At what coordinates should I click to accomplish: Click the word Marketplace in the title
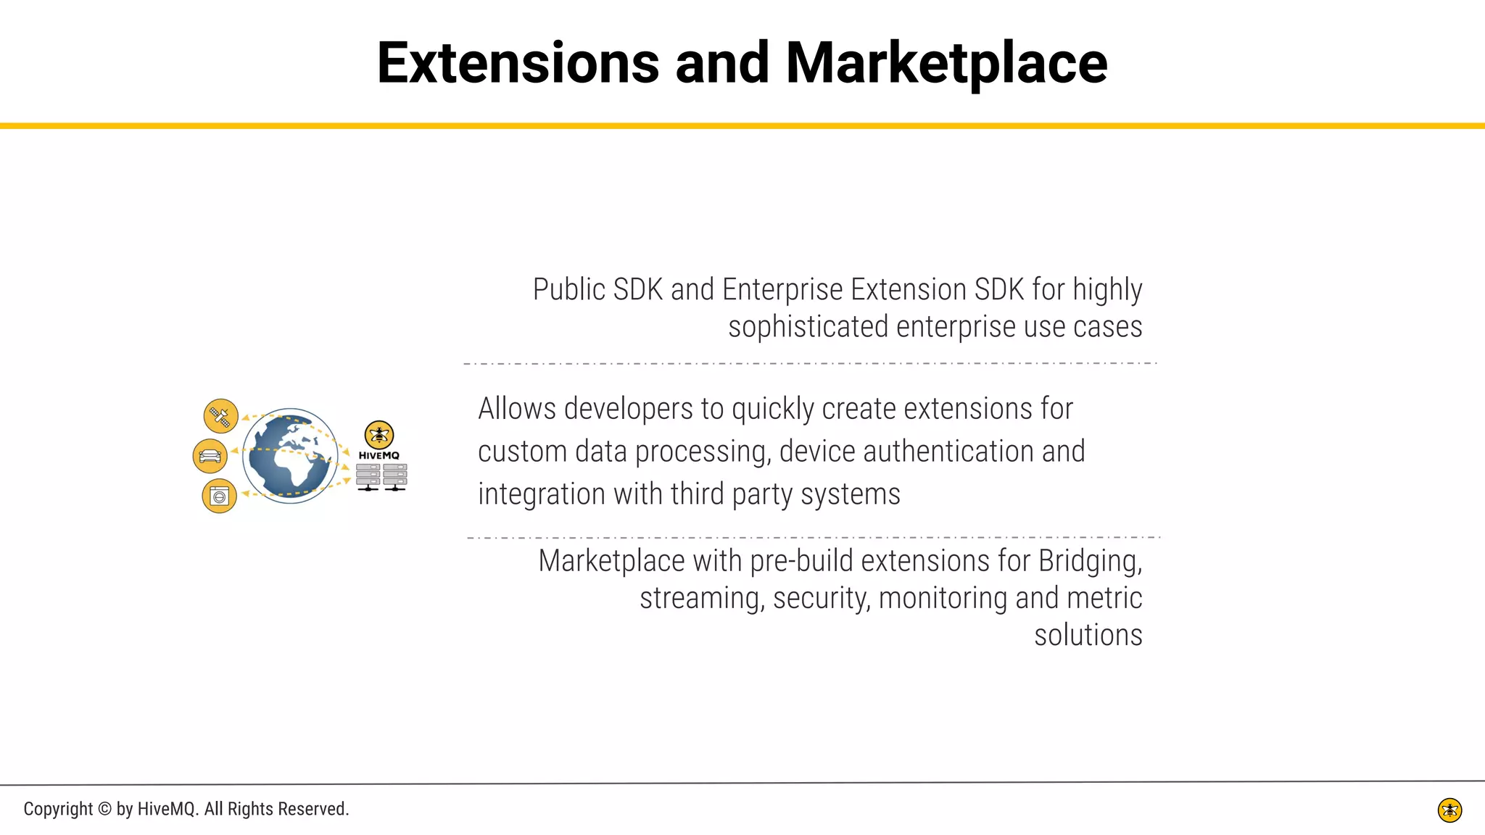[946, 64]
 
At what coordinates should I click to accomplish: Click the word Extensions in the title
[518, 64]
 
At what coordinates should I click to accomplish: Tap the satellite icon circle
[220, 416]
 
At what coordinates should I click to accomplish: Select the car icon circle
[210, 456]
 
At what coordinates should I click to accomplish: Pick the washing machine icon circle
[219, 497]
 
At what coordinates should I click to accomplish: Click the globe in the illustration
[289, 456]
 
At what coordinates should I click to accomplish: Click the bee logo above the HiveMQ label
[379, 435]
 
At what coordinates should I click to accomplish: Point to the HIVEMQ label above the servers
[379, 455]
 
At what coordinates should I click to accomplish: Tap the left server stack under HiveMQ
[368, 476]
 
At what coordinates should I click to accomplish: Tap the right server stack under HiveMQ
[395, 476]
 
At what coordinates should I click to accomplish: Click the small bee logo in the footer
[1449, 810]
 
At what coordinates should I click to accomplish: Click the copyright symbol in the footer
[104, 809]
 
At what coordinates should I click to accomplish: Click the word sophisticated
[808, 327]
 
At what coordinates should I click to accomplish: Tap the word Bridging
[1090, 562]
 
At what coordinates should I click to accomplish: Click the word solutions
[1088, 635]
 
